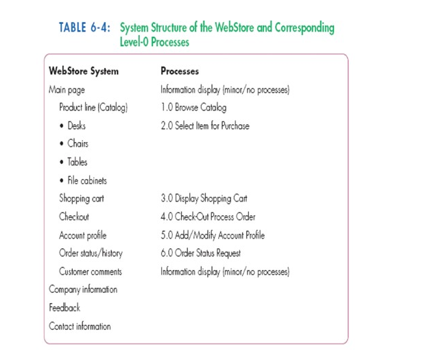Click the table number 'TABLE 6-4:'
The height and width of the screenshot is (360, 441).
86,28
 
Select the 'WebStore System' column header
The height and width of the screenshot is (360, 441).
84,71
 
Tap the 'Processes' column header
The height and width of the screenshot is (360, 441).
180,71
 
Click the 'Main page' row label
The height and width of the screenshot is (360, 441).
67,89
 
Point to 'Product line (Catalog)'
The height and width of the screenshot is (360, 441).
93,108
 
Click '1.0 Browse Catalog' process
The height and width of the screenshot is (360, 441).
193,108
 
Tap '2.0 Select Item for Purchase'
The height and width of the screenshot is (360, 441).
205,125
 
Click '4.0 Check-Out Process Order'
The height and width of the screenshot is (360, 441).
208,217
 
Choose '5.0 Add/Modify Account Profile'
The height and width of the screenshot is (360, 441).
213,235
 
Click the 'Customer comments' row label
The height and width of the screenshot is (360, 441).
91,272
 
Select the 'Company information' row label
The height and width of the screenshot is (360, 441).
83,289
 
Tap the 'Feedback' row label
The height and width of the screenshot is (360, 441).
64,308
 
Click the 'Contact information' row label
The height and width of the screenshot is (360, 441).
80,326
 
